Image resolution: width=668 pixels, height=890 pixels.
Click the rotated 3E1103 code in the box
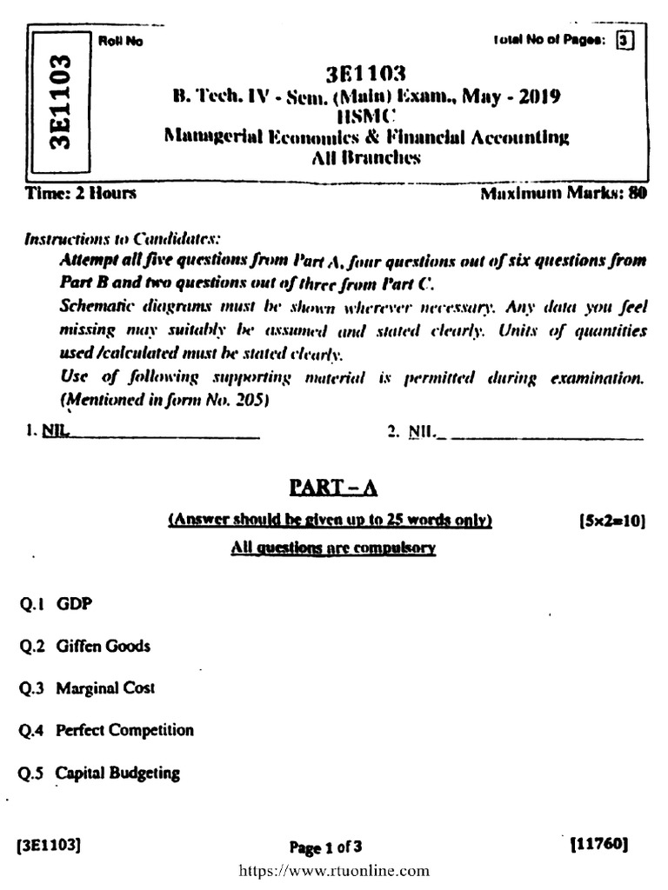tap(59, 102)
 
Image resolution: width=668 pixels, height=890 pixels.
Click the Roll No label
tap(118, 42)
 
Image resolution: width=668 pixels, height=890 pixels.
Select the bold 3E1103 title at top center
tap(365, 73)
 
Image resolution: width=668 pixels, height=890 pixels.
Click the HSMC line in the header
tap(365, 116)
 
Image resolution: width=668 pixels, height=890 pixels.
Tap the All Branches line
tap(365, 157)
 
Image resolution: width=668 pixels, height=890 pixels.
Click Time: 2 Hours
tap(81, 193)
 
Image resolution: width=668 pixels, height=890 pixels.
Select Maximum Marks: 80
tap(564, 193)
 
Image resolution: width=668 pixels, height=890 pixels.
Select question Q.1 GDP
tap(55, 603)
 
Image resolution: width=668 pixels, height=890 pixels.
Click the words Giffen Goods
tap(104, 646)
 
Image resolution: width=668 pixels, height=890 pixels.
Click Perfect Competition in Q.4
tap(124, 730)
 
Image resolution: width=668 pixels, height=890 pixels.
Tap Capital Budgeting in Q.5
tap(117, 773)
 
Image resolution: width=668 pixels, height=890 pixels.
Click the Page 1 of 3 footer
tap(324, 847)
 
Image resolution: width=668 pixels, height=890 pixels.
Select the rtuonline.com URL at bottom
tap(333, 870)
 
